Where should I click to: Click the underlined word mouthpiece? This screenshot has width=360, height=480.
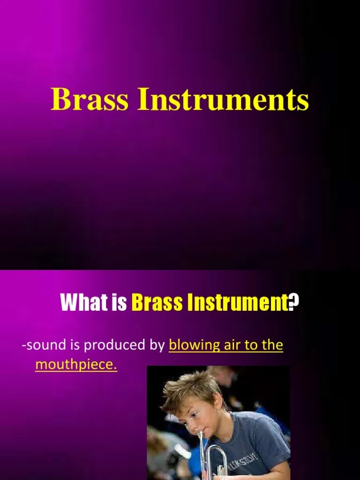[x=76, y=365]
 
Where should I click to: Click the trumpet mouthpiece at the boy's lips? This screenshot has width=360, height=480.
[x=201, y=436]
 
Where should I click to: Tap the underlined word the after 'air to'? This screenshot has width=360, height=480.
[x=273, y=345]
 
